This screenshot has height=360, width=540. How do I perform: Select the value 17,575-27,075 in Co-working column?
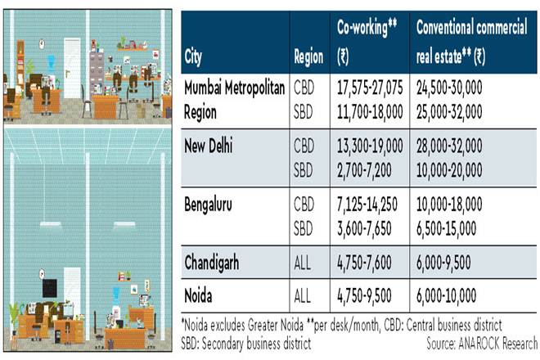tap(371, 88)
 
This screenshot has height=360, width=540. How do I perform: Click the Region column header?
tap(308, 57)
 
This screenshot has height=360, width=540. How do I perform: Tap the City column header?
tap(196, 57)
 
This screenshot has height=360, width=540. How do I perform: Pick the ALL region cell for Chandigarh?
tap(304, 263)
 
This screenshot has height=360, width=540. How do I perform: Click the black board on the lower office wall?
tap(50, 288)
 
